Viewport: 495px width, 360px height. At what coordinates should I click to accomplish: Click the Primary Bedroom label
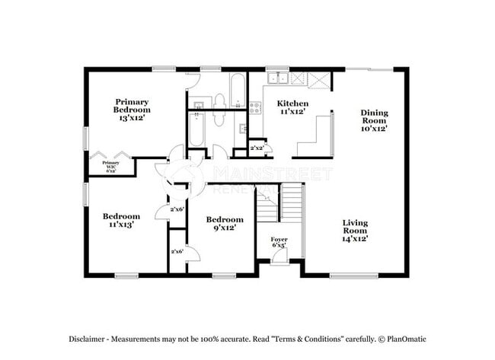[x=131, y=110]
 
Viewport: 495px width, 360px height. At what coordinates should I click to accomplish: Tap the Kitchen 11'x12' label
[x=292, y=107]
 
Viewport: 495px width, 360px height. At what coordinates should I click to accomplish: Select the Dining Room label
[x=374, y=120]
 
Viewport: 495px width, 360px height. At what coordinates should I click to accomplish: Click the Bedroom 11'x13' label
[x=122, y=220]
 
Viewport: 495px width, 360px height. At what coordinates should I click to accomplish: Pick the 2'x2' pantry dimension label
[x=257, y=148]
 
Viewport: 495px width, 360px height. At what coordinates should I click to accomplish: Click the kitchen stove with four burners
[x=255, y=107]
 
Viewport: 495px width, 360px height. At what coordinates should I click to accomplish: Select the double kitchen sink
[x=276, y=78]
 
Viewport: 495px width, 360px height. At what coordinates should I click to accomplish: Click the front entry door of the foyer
[x=279, y=259]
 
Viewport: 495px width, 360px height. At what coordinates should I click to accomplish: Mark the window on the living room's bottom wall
[x=353, y=275]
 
